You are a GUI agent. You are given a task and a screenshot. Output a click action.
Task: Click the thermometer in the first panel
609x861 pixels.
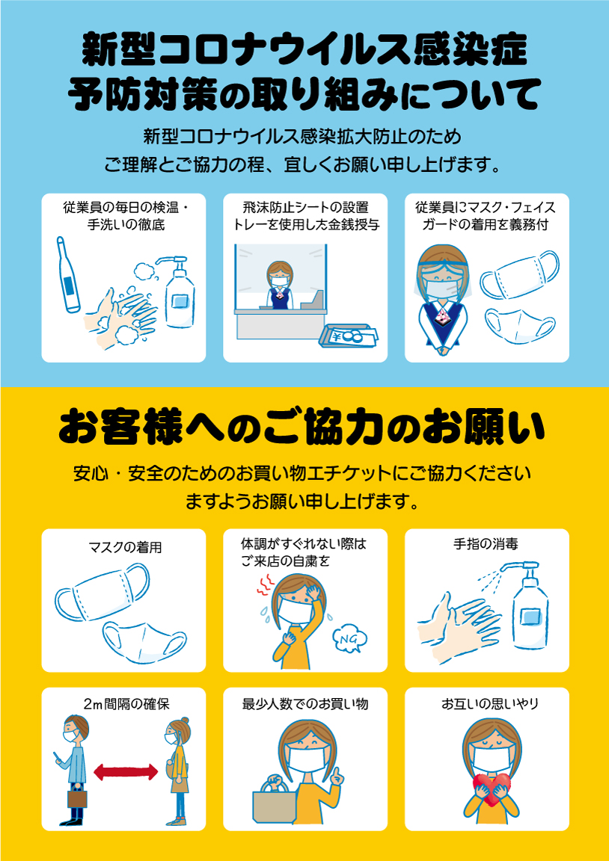coord(68,274)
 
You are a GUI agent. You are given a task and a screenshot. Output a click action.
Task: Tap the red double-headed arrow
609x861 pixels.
coord(126,772)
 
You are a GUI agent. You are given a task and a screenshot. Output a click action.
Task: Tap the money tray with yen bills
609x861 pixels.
coord(349,336)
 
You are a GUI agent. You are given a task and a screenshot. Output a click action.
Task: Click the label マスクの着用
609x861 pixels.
coord(125,547)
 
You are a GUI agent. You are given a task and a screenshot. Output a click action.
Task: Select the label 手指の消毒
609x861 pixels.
coord(486,543)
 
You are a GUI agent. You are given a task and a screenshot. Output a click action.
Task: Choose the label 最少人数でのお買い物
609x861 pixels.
coord(305,704)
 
